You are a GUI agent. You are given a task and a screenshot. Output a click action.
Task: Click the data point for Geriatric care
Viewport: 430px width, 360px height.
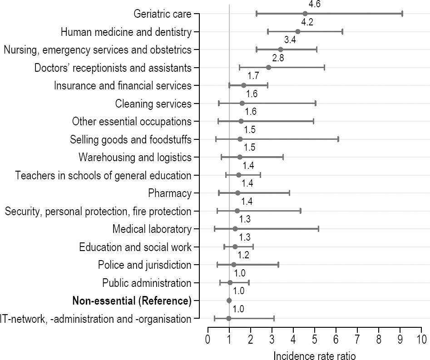[305, 14]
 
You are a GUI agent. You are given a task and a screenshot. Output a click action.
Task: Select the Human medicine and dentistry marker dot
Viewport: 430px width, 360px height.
[298, 32]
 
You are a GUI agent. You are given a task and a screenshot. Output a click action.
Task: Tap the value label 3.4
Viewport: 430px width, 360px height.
[290, 40]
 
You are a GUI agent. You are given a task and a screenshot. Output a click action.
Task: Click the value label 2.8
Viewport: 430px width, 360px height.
[278, 59]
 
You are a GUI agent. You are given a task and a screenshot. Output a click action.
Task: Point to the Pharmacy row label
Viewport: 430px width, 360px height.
[170, 193]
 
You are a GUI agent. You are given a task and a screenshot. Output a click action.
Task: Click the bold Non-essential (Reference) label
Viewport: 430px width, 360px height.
[132, 301]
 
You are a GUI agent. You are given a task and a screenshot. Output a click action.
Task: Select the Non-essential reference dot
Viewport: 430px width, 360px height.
[229, 301]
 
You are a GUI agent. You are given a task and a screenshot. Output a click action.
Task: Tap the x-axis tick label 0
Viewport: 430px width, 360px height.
[208, 339]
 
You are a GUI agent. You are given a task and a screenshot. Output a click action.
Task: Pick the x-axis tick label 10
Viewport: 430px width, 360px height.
[421, 339]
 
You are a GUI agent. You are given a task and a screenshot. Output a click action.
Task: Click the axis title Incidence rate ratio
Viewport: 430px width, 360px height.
[315, 356]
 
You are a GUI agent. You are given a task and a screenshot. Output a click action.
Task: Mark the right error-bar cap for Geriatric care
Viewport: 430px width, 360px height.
[402, 14]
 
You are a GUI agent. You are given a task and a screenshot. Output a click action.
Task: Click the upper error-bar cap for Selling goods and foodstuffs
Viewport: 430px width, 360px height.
[338, 139]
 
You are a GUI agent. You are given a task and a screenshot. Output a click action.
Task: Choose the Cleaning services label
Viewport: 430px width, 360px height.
[153, 104]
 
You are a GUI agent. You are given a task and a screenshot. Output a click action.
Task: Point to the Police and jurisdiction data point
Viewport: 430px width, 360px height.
[234, 265]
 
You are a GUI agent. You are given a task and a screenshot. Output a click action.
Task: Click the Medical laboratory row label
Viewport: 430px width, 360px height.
[152, 229]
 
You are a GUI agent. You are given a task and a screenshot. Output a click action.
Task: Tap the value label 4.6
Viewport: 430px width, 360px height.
[311, 5]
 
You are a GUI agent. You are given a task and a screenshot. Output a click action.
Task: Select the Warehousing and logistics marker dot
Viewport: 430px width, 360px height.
[240, 157]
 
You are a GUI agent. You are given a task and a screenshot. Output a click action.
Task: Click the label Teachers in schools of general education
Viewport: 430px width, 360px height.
[103, 176]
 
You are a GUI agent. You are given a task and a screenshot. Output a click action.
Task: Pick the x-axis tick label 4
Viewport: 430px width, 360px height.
[293, 339]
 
